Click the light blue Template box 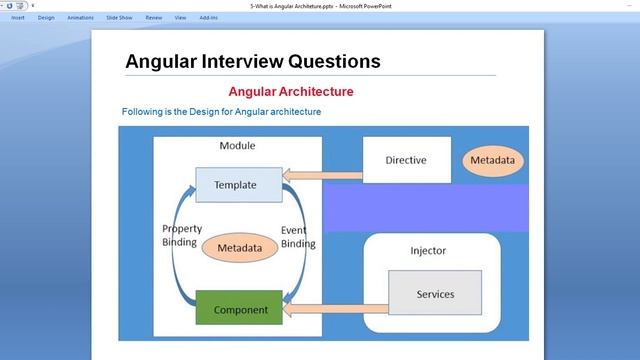click(235, 185)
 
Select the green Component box click(240, 310)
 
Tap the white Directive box click(405, 160)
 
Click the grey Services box click(435, 294)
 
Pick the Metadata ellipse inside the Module click(240, 247)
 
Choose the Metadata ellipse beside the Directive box click(493, 160)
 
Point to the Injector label click(428, 250)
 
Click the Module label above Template click(237, 146)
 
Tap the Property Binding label click(180, 236)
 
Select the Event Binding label click(298, 236)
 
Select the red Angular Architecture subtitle click(291, 92)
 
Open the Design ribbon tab click(46, 17)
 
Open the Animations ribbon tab click(80, 17)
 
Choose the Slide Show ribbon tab click(119, 17)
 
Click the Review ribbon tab click(153, 17)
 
